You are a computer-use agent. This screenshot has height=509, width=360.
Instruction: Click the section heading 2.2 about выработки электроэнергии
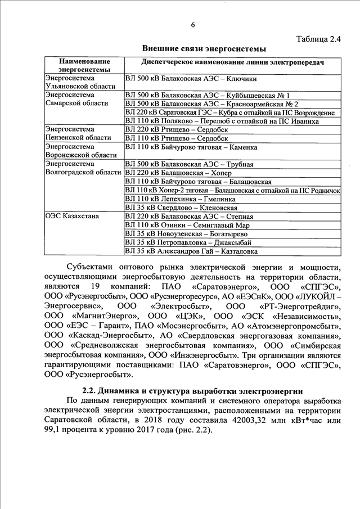(x=191, y=390)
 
